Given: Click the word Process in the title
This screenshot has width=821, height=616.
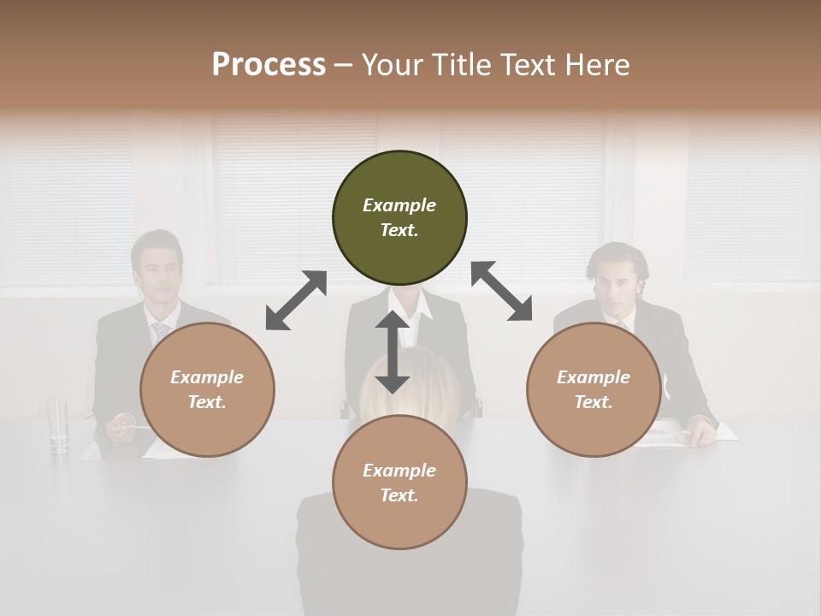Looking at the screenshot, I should coord(269,65).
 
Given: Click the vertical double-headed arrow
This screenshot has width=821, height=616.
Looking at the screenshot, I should coord(393,352).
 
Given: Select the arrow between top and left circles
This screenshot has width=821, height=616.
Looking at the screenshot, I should coord(296,300).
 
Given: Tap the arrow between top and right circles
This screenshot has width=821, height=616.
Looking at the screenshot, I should coord(502,291).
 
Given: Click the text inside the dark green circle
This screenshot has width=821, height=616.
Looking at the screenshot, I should coord(399,217).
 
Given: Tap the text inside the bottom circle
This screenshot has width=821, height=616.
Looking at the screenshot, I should coord(399,483).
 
